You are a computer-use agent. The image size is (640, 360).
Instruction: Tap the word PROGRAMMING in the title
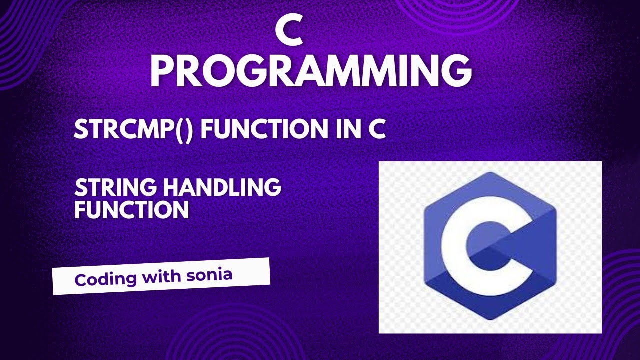(311, 73)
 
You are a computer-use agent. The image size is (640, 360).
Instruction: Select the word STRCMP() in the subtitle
(133, 130)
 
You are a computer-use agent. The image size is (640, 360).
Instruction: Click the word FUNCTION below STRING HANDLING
(132, 210)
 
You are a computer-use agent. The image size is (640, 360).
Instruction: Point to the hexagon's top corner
(490, 173)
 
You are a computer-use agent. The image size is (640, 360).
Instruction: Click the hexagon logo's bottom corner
(490, 319)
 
